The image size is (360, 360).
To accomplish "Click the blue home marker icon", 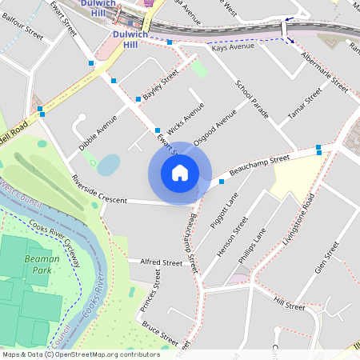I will [180, 172].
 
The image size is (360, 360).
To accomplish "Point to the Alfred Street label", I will [161, 262].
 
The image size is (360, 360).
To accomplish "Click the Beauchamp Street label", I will [258, 166].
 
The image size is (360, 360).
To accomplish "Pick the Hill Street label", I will [289, 304].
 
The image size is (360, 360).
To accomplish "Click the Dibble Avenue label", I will [98, 132].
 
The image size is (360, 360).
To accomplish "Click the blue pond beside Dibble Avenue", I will [109, 165].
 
